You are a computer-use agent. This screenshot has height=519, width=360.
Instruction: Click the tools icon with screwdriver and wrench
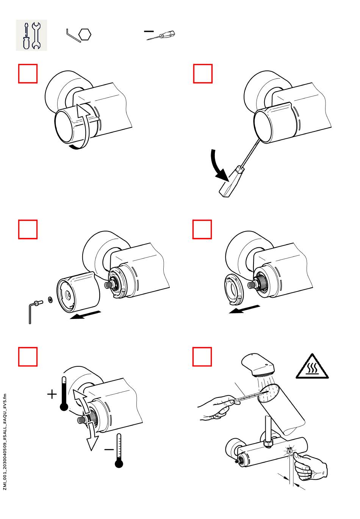point(31,35)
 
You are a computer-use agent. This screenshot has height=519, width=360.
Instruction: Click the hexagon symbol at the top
point(85,35)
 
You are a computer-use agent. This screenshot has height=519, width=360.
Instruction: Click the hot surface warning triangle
point(312,367)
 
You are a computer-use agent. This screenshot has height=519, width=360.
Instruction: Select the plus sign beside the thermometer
point(52,394)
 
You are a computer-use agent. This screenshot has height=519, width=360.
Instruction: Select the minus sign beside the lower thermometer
point(109,450)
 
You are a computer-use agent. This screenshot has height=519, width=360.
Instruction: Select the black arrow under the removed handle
point(86,315)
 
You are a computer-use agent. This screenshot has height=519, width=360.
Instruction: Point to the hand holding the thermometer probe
point(216,408)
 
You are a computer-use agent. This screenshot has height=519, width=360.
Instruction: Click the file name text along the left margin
point(5,442)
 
